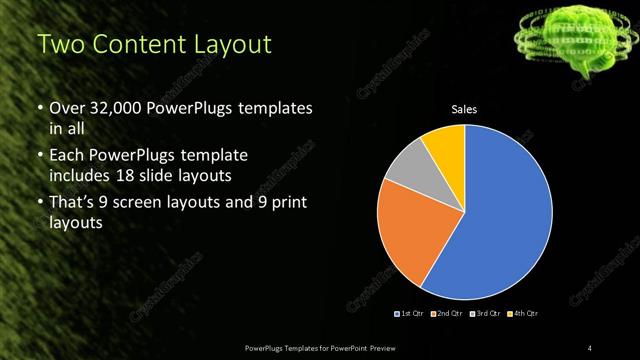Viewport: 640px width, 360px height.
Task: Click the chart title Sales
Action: coord(465,109)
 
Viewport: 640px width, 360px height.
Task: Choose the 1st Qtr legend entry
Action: coord(411,313)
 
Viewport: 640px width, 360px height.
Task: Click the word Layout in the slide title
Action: coord(231,45)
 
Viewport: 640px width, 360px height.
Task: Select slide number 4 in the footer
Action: coord(590,346)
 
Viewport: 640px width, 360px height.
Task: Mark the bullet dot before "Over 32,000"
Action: coord(39,108)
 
